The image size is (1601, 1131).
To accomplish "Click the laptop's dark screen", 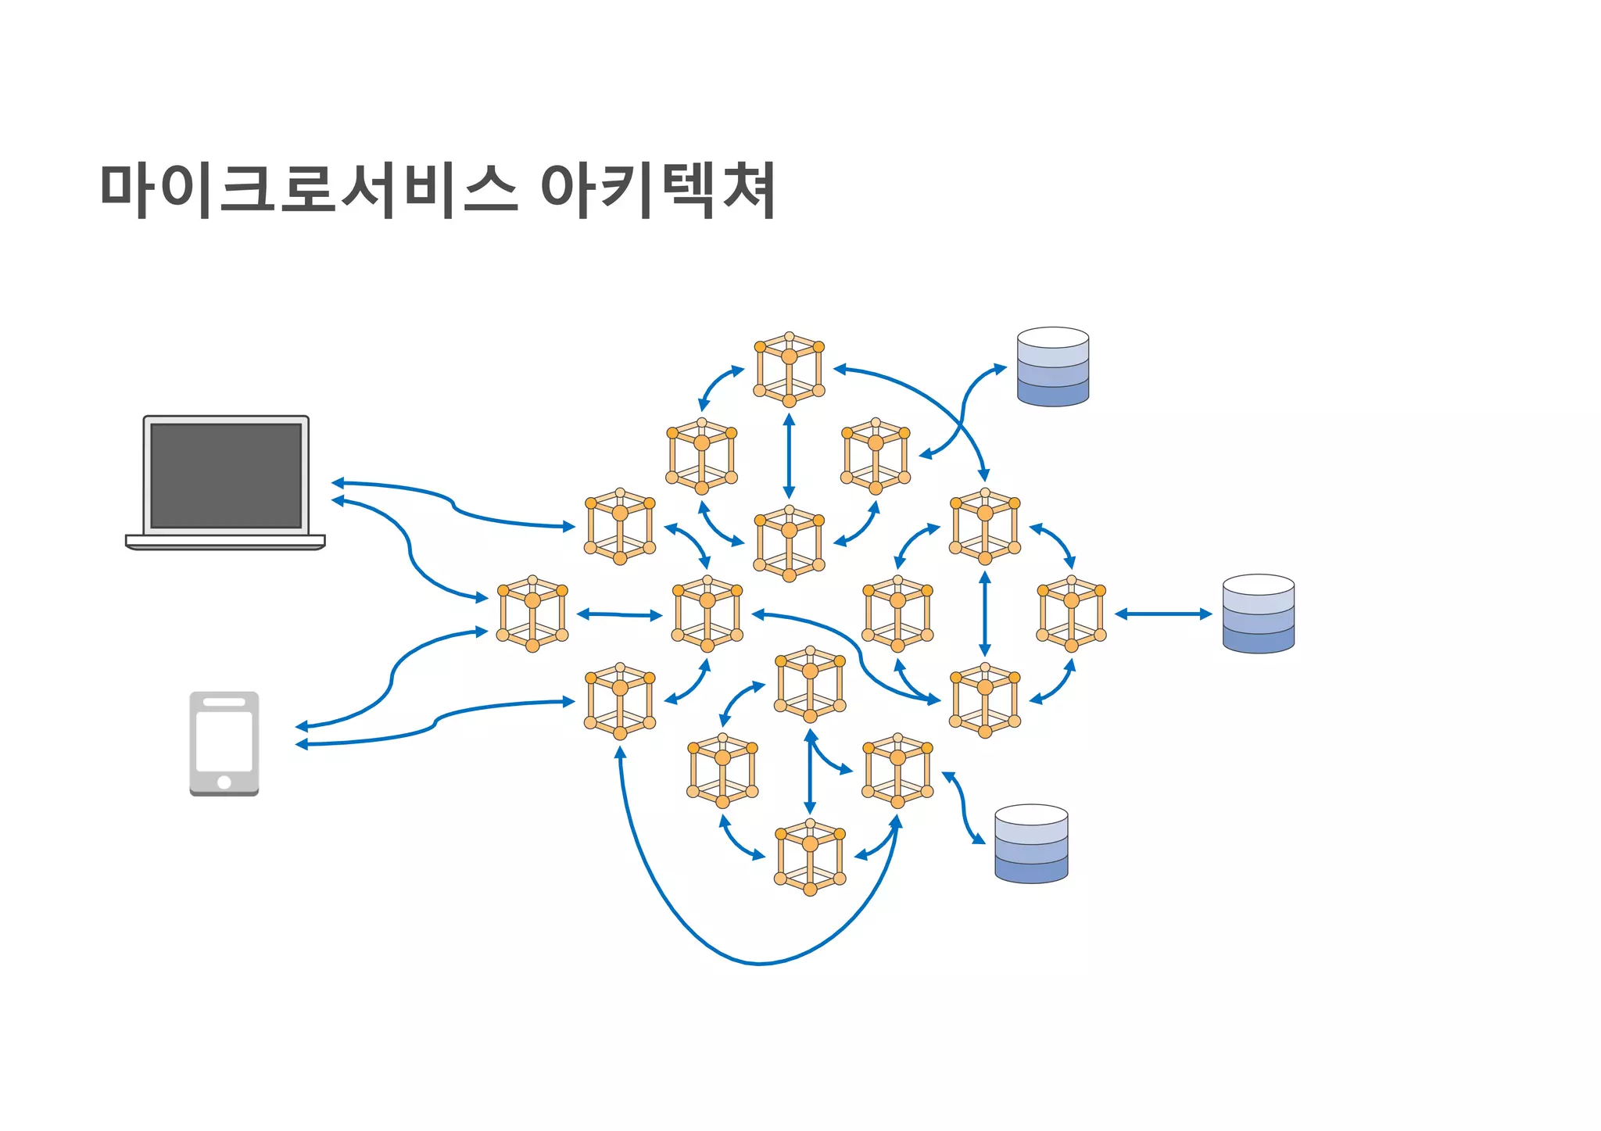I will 226,475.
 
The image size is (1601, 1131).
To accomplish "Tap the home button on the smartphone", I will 224,782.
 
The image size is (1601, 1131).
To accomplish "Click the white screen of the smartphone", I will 224,741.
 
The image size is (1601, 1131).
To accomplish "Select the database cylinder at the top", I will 1052,367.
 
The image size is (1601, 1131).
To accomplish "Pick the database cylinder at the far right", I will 1258,614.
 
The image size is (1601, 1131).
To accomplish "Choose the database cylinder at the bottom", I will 1031,844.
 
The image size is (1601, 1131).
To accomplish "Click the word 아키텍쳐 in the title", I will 657,190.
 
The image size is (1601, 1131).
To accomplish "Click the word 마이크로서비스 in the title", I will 309,190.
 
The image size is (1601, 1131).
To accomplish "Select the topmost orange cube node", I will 789,370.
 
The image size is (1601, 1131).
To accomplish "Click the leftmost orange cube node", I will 532,614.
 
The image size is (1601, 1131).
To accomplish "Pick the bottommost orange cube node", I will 810,857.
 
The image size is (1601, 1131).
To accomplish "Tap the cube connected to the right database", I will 1071,614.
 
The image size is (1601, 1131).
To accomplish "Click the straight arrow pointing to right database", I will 1163,614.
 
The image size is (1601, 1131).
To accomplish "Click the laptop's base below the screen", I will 225,541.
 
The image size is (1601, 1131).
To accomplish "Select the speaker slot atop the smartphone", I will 224,702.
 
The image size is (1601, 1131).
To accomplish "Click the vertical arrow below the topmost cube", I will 789,456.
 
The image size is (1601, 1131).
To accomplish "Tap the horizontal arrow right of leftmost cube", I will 619,615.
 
